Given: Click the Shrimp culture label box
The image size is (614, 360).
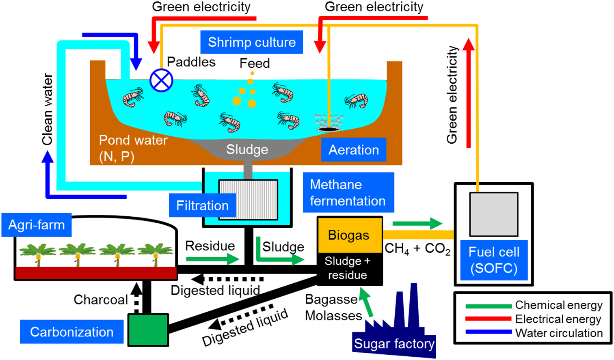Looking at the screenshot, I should point(251,42).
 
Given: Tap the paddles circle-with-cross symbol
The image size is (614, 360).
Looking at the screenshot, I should point(161,80).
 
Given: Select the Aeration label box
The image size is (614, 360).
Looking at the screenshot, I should point(353,150).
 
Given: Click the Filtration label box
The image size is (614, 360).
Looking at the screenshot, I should point(202,205).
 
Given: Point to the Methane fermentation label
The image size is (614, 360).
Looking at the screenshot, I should point(348,193).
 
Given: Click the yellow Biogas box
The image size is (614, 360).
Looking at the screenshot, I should point(349,235).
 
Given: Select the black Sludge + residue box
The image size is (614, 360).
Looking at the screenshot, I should point(349,268).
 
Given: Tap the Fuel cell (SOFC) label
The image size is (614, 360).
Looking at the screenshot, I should point(494,260).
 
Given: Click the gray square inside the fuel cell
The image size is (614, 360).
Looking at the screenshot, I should point(493,214).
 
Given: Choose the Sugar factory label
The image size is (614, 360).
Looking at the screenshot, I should point(394,344).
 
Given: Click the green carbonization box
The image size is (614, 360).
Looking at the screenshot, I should point(148,330).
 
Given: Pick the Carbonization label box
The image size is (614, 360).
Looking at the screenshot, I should point(72,332).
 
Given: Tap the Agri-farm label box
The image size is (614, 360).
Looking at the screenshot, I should point(37,225).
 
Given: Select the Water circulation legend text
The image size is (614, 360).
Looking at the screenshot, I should point(559,333).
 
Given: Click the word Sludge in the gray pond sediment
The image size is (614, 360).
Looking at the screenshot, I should point(247,149).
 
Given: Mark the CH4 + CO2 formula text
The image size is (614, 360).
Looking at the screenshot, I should point(417,249).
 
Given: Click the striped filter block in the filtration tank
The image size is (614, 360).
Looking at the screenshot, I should point(248,199).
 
